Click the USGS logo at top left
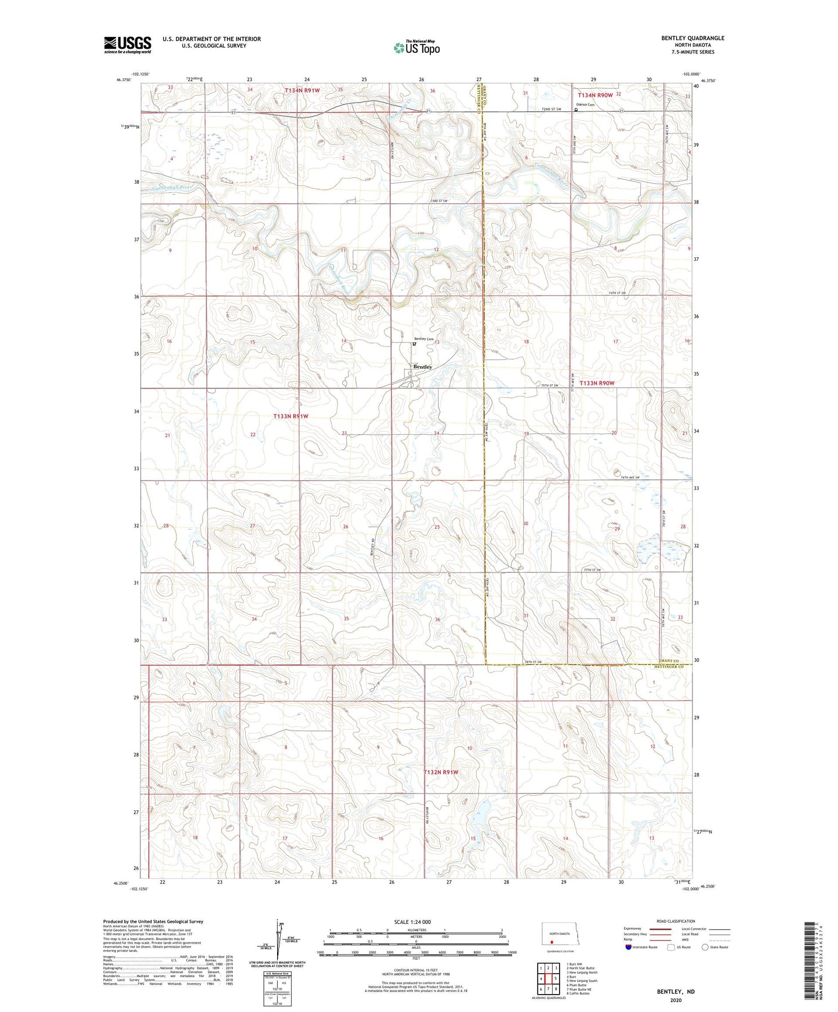127,44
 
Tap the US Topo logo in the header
416,48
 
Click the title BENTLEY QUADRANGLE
692,38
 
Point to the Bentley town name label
422,367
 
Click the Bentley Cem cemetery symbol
414,344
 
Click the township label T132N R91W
441,772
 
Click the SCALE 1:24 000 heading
412,922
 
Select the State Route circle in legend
705,947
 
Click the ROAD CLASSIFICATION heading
676,920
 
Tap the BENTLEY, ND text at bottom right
676,991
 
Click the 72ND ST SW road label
551,109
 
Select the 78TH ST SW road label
532,662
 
